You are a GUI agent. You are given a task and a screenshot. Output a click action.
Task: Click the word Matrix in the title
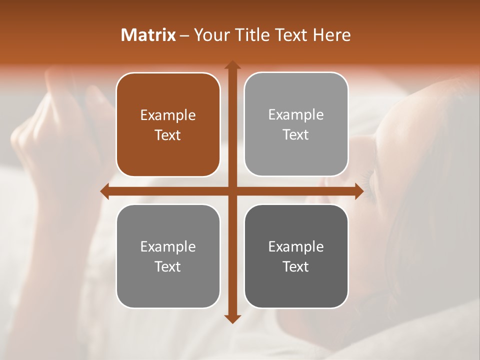tap(148, 35)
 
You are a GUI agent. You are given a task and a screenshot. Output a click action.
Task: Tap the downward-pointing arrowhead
tap(232, 318)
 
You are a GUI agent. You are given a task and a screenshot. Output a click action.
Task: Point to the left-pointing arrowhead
tap(105, 191)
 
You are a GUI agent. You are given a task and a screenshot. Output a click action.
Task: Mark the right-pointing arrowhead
tap(359, 191)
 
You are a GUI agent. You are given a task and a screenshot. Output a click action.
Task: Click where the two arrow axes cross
tap(232, 191)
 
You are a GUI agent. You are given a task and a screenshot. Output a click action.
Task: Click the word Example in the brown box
tap(168, 115)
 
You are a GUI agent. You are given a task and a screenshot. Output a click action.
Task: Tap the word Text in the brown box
tap(168, 135)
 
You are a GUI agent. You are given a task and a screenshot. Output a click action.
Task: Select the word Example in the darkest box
tap(296, 246)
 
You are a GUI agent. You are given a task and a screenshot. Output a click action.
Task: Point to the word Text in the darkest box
tap(296, 266)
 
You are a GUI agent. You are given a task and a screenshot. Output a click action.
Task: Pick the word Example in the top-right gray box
tap(296, 115)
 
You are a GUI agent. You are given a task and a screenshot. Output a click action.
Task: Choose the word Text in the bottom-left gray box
tap(168, 266)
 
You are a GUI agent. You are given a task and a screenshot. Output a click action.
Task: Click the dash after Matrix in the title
tap(184, 35)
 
